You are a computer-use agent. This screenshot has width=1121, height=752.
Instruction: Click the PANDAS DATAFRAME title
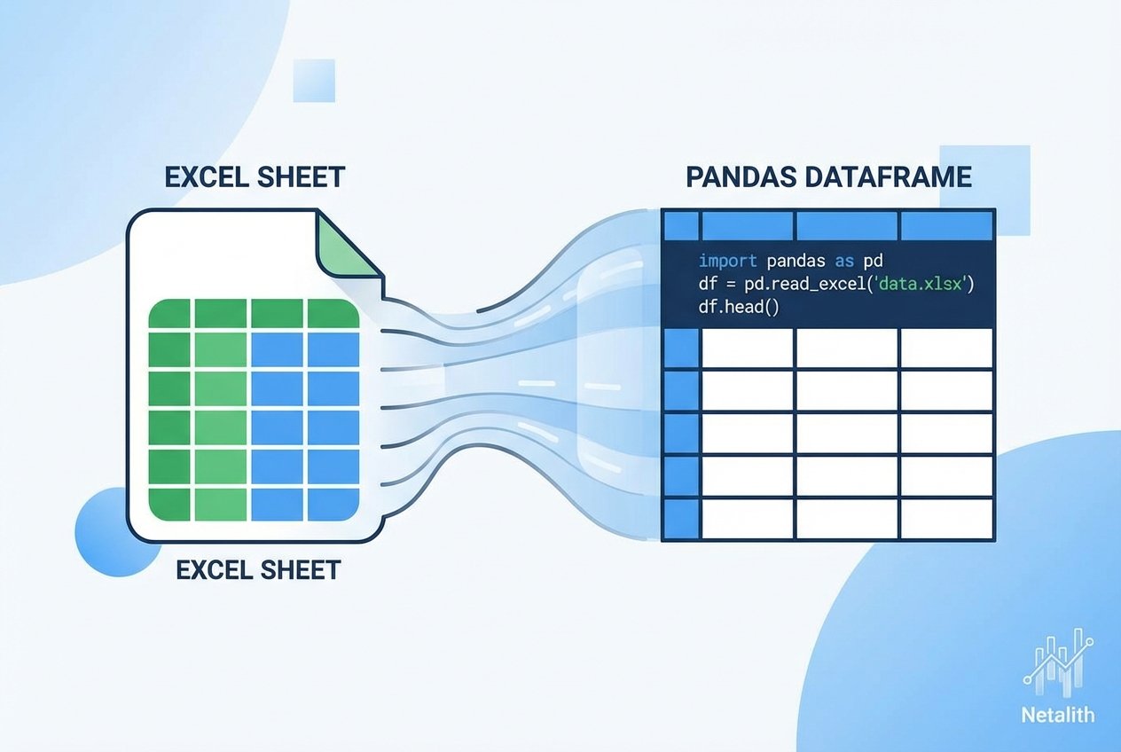(828, 176)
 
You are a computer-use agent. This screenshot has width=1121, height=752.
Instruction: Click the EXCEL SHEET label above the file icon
(255, 176)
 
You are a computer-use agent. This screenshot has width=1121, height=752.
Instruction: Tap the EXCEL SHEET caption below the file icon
(258, 568)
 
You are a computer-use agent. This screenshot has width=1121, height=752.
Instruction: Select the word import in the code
(728, 262)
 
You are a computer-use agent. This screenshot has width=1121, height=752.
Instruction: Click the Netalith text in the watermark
(1058, 714)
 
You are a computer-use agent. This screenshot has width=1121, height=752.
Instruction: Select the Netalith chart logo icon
(1058, 662)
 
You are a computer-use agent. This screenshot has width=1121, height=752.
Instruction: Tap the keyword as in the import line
(843, 262)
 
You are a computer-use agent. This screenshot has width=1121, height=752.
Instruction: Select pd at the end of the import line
(874, 262)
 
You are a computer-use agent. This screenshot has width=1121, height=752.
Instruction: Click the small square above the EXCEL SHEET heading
(313, 81)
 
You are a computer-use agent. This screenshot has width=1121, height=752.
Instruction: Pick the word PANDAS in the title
(741, 176)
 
